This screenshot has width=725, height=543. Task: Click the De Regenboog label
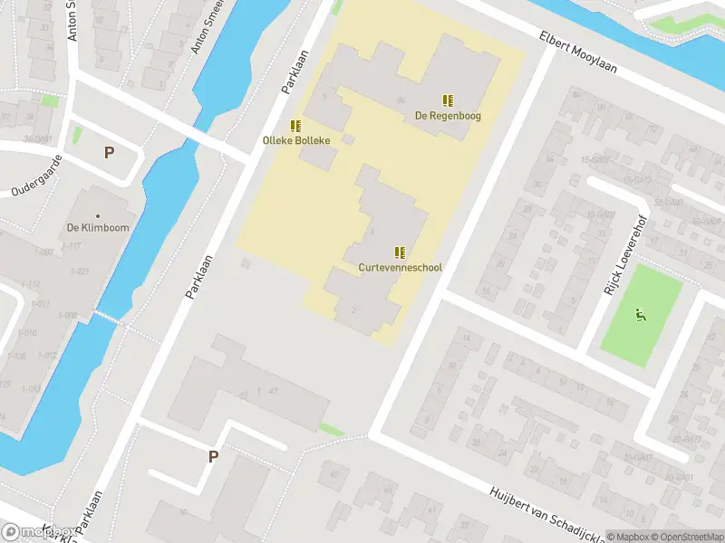(448, 116)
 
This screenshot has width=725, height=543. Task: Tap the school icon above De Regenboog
(448, 100)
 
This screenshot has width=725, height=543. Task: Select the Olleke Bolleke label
(295, 140)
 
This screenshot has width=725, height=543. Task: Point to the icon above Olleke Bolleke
(295, 125)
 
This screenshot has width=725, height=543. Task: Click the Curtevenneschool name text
(400, 268)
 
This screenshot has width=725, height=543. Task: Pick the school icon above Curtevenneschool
(400, 252)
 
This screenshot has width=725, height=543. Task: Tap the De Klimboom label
(98, 228)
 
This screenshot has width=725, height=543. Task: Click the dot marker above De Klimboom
(98, 215)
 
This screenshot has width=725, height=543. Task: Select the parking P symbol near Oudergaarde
(109, 153)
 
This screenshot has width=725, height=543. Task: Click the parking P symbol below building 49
(213, 457)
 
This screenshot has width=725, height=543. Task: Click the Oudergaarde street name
(34, 179)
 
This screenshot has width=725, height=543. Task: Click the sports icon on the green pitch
(640, 316)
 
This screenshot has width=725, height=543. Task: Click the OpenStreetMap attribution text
(686, 536)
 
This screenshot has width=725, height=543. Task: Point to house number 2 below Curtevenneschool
(353, 310)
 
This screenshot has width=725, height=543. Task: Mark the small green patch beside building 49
(332, 429)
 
